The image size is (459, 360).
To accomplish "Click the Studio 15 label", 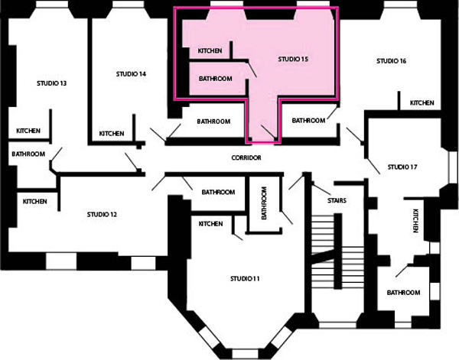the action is coord(293,59).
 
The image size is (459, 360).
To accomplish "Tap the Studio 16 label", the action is coord(392,61).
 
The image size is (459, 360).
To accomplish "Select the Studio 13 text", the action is coord(51,83).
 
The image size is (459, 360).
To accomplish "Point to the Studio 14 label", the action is coord(131,74).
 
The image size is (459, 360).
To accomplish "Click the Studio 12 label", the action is coord(102,214).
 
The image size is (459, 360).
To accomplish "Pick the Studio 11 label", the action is coord(245,279).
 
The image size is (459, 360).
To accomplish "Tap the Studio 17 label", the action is coord(402,167).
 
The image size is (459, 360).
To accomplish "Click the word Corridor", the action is coord(246,157).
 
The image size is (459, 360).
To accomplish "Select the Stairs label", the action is coord(337,200).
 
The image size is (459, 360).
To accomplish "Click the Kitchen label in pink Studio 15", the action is coord(210,51).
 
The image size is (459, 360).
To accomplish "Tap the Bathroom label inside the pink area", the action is coord(216,79).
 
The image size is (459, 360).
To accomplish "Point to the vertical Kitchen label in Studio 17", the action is coord(415,221).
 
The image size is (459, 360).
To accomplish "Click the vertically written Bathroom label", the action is coord(264,203).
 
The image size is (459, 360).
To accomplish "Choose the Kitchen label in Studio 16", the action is coord(422,103).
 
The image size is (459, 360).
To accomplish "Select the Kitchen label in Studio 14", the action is coord(112,134).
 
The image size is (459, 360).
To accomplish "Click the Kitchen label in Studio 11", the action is coord(211,224).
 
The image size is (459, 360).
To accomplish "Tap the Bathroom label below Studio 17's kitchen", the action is coord(403,293).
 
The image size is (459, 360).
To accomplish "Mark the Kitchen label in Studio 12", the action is coord(35,202).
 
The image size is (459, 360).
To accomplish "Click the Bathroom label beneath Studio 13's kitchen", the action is coord(28,154).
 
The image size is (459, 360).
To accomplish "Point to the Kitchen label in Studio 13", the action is coord(28,131).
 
